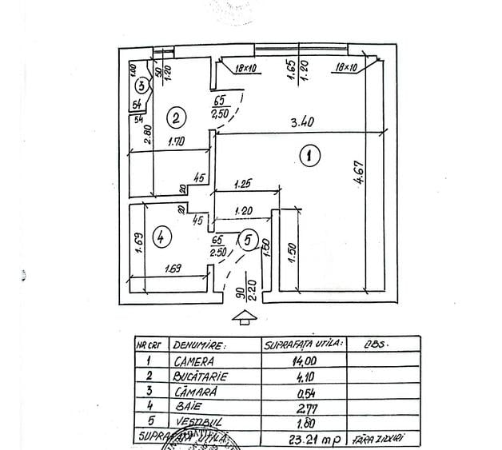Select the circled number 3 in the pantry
(x=141, y=85)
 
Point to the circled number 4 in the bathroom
(x=162, y=237)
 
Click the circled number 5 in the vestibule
(x=248, y=238)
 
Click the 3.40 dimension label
(x=301, y=122)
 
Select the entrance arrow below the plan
(x=244, y=318)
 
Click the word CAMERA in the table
(x=193, y=360)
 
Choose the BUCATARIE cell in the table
(x=201, y=375)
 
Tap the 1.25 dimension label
(x=245, y=184)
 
